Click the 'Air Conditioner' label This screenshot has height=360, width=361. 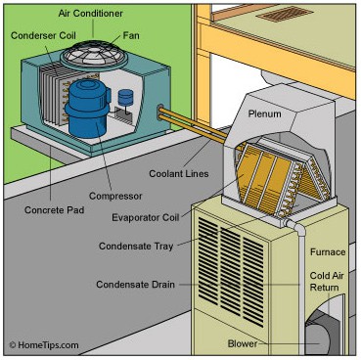point(90,14)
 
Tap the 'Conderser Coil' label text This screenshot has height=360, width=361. point(43,35)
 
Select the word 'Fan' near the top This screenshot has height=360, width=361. point(131,35)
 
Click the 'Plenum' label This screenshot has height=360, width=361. point(264,113)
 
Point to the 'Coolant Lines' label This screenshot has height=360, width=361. point(179,173)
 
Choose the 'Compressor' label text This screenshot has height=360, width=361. point(115,196)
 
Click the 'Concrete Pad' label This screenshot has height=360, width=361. point(54,209)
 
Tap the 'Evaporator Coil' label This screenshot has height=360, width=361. point(146,217)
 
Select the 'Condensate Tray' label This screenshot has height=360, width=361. point(136,246)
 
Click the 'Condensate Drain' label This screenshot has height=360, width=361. point(135,285)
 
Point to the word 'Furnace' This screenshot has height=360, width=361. point(328,252)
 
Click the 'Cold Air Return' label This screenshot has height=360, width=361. point(327,282)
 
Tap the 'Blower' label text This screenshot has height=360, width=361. point(243,343)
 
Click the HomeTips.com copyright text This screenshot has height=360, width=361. point(44,345)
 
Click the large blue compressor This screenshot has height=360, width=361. point(87,109)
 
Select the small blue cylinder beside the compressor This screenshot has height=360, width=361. point(125,98)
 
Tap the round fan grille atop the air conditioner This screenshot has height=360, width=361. point(94,55)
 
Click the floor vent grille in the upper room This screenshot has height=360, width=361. point(285,14)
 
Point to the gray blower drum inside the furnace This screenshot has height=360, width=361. point(318,333)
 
